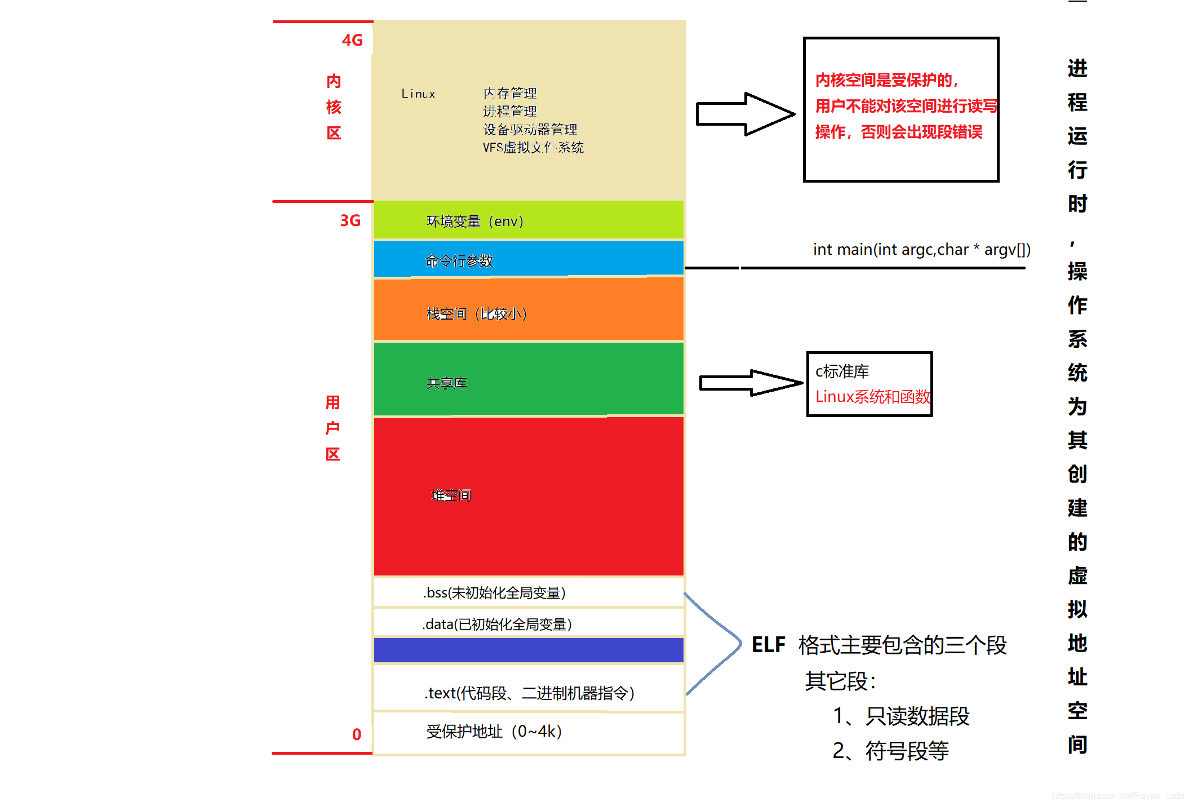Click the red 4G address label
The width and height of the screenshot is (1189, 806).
tap(352, 41)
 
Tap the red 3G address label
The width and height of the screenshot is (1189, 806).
tap(350, 220)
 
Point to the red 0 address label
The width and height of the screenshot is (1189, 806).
tap(357, 734)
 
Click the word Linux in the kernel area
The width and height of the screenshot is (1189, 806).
tap(418, 94)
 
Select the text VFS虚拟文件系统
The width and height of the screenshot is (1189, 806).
tap(533, 148)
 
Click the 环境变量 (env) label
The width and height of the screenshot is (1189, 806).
tap(475, 222)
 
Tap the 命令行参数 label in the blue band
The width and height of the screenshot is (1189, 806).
tap(459, 261)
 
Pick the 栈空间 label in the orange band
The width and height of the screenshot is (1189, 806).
tap(477, 314)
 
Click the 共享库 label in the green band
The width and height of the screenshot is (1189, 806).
tap(446, 383)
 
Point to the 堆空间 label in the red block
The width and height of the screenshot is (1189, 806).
tap(451, 495)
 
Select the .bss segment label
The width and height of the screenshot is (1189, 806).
tap(494, 593)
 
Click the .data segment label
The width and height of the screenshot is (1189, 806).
tap(497, 625)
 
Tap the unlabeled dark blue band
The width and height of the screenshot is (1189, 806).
tap(529, 650)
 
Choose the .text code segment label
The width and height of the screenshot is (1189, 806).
tap(529, 693)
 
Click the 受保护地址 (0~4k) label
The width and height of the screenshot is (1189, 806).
tap(494, 732)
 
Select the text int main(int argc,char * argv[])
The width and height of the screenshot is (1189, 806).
tap(921, 250)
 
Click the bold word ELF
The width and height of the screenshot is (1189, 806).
tap(768, 645)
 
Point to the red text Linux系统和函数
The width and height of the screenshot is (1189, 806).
tap(872, 397)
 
